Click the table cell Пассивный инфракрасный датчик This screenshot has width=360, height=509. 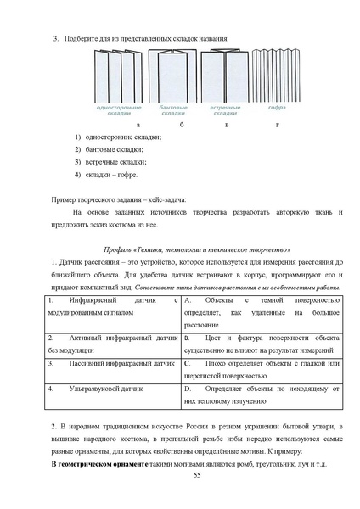tap(110, 364)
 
